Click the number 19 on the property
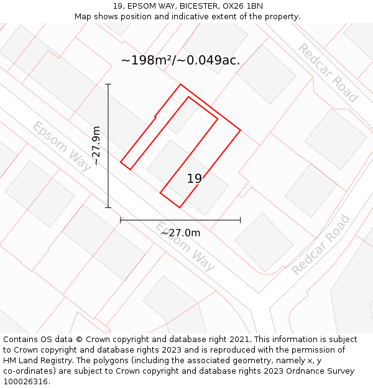[x=195, y=179]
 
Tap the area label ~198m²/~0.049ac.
[x=180, y=60]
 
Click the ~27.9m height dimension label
[x=96, y=145]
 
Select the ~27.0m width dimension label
[x=180, y=233]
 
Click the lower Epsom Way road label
[x=185, y=246]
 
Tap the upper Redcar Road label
[x=328, y=73]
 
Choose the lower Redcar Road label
[x=321, y=245]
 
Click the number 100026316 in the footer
[x=25, y=382]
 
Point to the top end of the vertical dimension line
[x=108, y=84]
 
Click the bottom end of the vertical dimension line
[x=108, y=207]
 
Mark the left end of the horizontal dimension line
[x=121, y=220]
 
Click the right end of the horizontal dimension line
[x=240, y=220]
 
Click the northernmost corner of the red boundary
[x=180, y=84]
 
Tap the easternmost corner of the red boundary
[x=240, y=130]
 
